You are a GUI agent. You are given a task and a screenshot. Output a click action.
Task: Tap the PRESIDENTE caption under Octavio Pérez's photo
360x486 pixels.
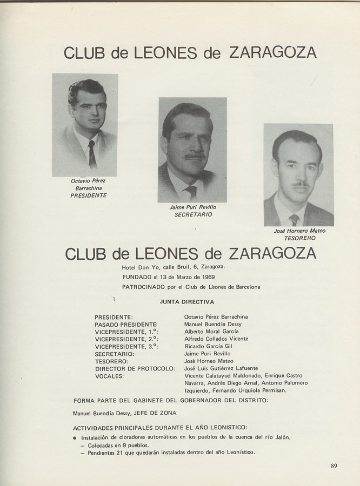pos(89,195)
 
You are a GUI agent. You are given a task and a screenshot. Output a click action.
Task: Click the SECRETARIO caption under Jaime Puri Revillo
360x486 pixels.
pos(193,214)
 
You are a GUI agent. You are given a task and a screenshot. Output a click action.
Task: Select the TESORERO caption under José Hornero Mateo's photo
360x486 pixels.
pos(299,238)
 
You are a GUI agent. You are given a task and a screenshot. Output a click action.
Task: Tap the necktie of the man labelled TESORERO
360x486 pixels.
pos(294,219)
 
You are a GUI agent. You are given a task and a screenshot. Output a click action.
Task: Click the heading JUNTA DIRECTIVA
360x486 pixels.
pos(187,302)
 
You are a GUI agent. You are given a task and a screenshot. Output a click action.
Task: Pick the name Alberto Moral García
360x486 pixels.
pos(211,332)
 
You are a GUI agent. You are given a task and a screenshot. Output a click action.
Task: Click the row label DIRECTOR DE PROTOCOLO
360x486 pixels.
pos(135,368)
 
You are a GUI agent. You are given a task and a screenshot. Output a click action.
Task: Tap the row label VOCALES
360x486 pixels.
pos(109,376)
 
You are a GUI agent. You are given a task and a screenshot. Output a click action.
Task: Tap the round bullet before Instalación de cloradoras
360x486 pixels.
pos(74,437)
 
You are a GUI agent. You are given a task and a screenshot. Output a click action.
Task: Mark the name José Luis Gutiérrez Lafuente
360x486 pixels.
pos(221,368)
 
